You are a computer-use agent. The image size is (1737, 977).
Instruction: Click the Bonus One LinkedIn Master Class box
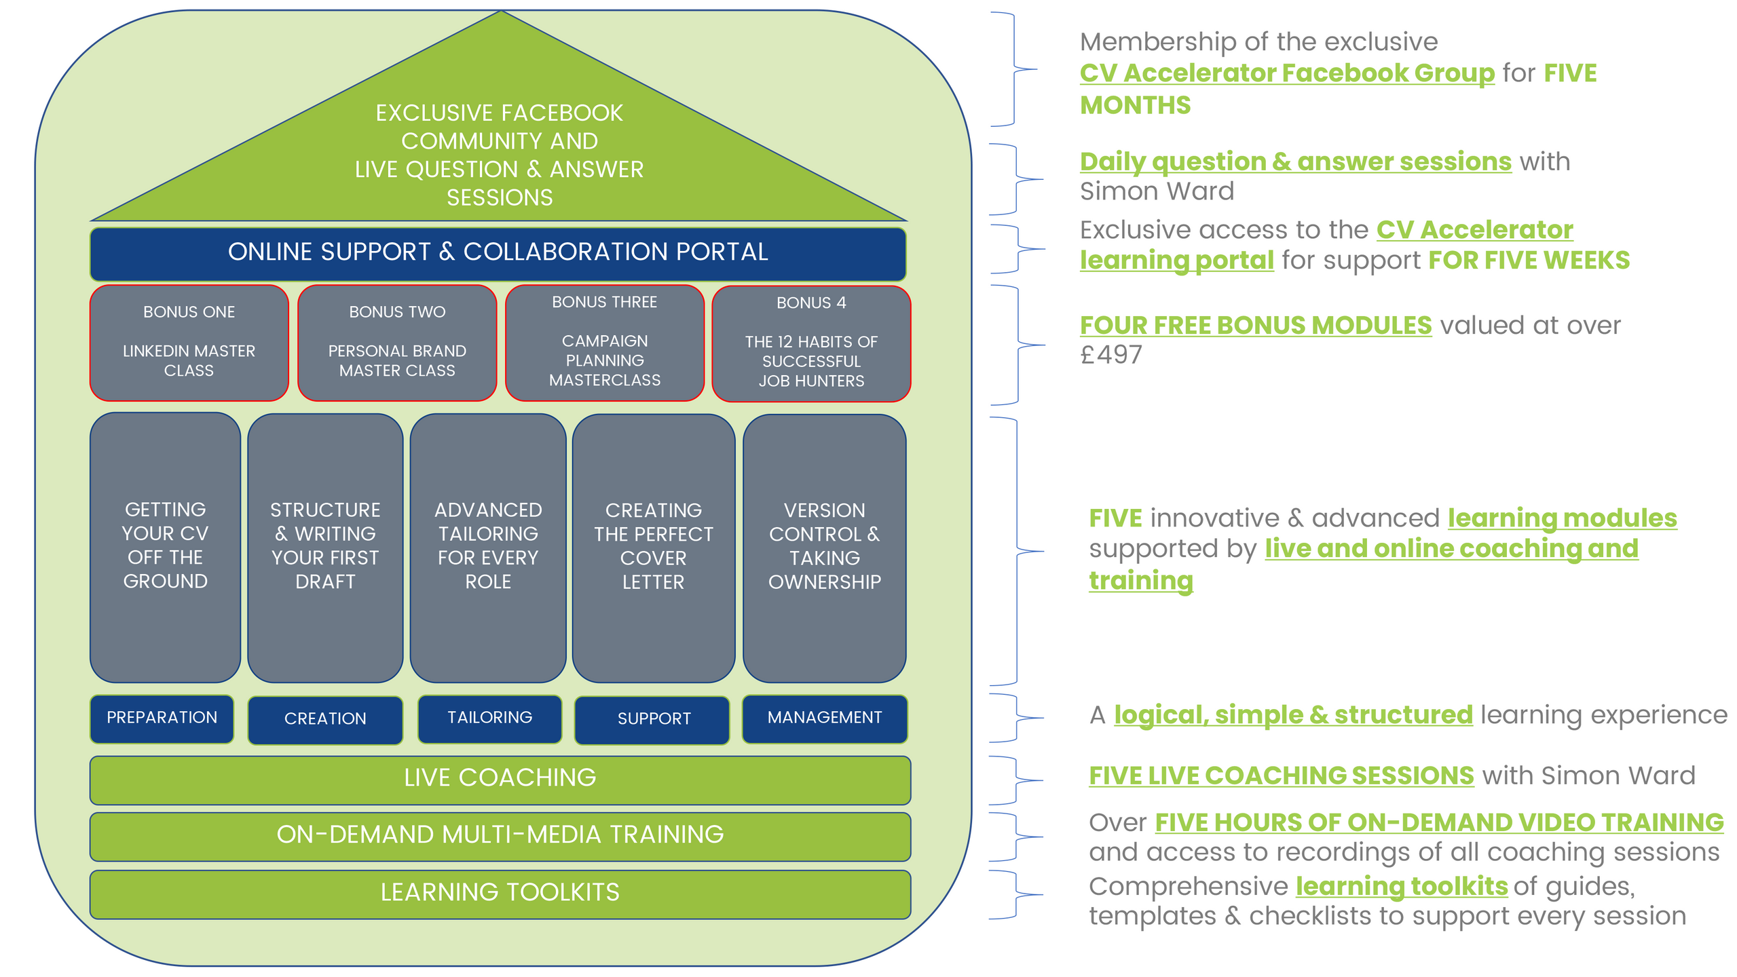point(189,343)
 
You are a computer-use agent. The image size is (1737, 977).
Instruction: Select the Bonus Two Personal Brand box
point(397,343)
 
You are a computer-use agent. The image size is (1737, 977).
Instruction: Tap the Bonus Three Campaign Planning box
point(604,343)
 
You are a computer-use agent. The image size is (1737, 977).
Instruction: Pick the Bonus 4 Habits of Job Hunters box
point(811,343)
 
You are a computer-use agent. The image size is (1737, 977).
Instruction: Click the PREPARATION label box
point(162,718)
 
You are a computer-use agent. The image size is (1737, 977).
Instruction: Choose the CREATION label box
point(325,719)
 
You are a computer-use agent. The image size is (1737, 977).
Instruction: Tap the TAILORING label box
point(489,718)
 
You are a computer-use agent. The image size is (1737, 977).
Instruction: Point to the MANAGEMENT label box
point(824,718)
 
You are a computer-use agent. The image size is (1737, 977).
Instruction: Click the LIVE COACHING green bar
point(500,779)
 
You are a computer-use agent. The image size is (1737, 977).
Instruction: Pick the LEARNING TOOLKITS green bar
point(500,893)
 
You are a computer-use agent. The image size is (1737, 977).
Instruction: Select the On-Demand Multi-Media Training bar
point(500,836)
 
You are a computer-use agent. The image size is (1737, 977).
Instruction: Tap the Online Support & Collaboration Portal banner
point(498,253)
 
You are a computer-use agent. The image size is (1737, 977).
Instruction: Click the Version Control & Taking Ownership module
point(824,547)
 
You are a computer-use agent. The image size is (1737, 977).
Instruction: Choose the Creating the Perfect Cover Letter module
point(653,547)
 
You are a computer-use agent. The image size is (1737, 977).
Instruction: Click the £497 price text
point(1111,355)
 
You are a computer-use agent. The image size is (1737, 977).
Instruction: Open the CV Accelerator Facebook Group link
point(1286,73)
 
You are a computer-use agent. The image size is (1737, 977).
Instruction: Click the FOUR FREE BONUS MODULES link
point(1255,326)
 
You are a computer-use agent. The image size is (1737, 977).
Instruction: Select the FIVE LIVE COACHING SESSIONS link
point(1281,775)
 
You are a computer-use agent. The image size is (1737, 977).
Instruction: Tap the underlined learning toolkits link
point(1401,886)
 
